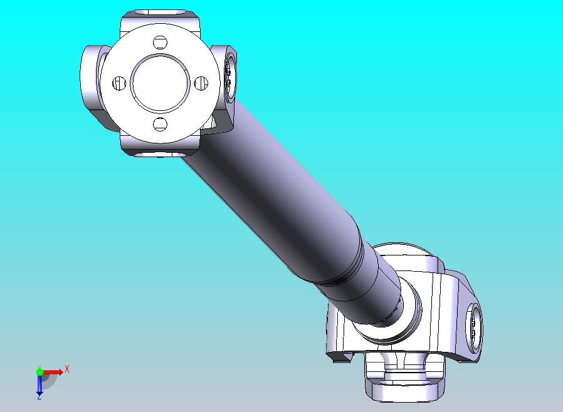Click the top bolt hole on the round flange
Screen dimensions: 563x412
click(x=160, y=43)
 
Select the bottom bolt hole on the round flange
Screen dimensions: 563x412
click(x=160, y=124)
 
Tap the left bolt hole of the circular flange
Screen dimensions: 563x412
click(x=119, y=83)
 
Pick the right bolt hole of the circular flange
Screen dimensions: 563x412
click(x=201, y=83)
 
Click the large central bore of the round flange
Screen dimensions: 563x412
click(x=160, y=83)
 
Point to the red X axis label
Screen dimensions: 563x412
click(x=67, y=369)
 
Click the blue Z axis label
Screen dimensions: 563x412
click(x=39, y=397)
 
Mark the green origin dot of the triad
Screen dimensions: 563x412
click(x=39, y=371)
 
